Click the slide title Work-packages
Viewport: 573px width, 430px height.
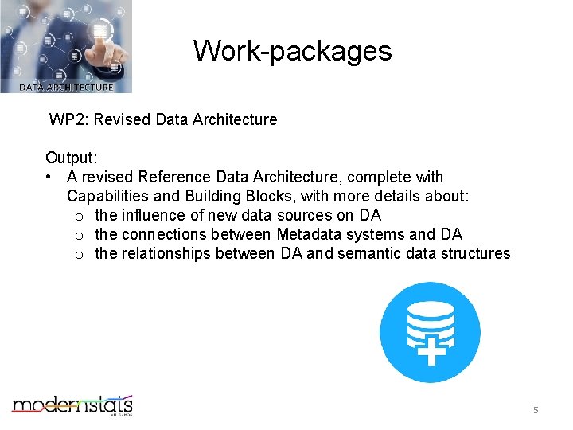coord(292,51)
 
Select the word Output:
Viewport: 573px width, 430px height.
coord(72,158)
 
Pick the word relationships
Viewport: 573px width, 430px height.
coord(165,253)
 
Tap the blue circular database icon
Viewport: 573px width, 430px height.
coord(430,332)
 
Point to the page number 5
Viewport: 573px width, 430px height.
coord(536,410)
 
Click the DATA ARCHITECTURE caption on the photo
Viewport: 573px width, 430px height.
coord(66,88)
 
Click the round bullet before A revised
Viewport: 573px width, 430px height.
coord(49,177)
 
